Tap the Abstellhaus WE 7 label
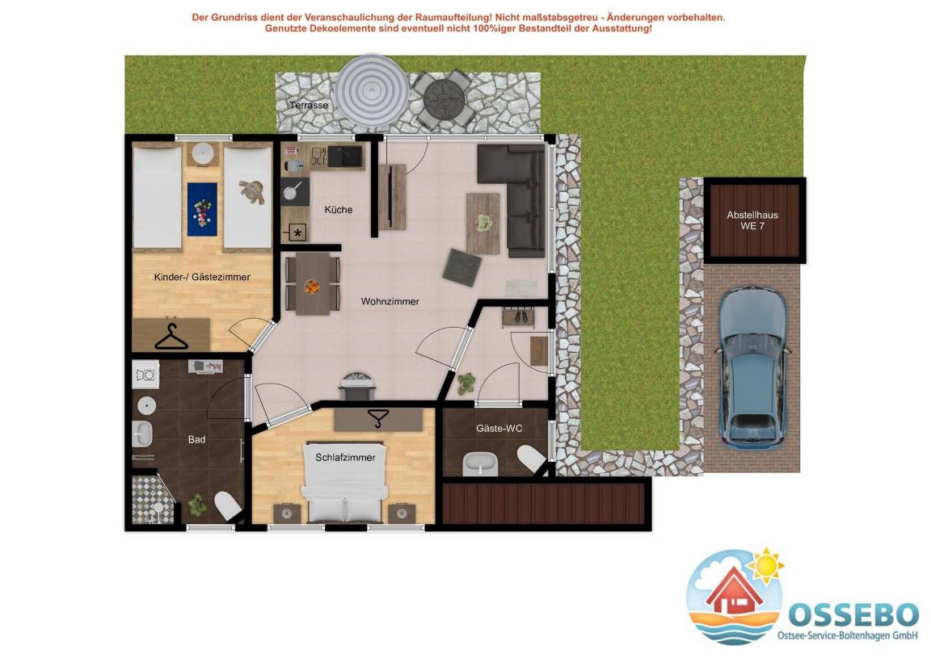(752, 220)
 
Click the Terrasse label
(309, 106)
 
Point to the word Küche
(339, 209)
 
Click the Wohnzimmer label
(390, 301)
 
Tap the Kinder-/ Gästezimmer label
(202, 277)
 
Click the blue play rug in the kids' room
(203, 209)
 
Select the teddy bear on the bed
(252, 191)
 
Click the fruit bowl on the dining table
(312, 287)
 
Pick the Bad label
(196, 440)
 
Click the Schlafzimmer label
(345, 458)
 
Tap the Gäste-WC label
(499, 429)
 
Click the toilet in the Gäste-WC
(532, 459)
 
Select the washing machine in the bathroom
(145, 375)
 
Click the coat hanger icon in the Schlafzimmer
(377, 417)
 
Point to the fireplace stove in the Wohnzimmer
(357, 386)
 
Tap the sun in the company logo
(765, 565)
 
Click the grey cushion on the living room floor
(462, 267)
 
